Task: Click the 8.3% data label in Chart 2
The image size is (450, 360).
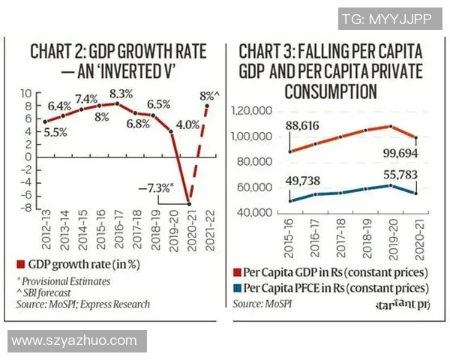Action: (x=121, y=94)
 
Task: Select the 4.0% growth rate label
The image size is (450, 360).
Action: (x=186, y=124)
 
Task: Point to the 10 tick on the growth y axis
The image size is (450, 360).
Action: (x=25, y=93)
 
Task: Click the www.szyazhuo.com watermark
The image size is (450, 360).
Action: (x=73, y=342)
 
